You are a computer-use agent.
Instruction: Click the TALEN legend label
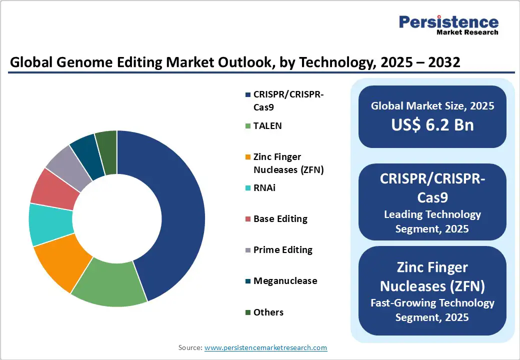[x=267, y=126]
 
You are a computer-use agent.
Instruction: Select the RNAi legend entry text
[x=264, y=188]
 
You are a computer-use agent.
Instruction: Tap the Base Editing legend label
[x=280, y=219]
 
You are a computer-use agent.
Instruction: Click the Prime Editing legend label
[x=282, y=250]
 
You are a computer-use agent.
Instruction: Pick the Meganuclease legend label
[x=285, y=281]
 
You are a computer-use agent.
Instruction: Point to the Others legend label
[x=268, y=312]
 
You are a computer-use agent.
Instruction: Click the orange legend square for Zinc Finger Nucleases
[x=247, y=157]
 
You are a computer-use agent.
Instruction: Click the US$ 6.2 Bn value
[x=432, y=125]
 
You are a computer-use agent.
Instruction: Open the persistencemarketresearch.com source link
[x=266, y=347]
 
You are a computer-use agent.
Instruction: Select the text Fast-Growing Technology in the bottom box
[x=432, y=303]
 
